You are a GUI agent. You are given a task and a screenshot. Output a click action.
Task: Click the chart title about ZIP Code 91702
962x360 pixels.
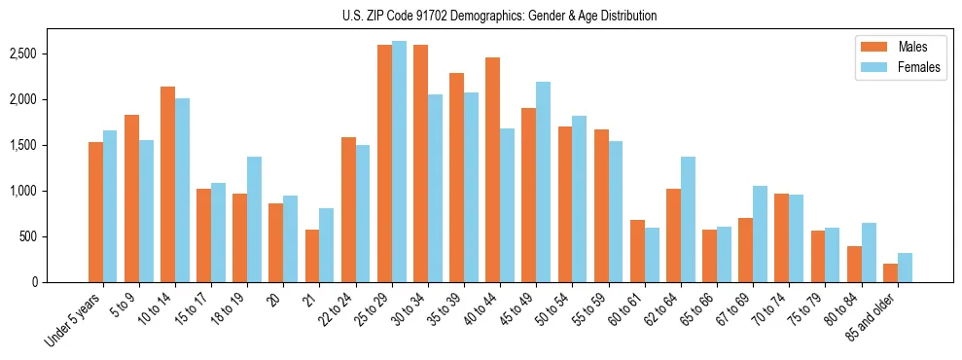click(x=499, y=16)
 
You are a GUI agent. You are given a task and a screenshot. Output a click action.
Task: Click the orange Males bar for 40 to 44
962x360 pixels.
click(x=492, y=169)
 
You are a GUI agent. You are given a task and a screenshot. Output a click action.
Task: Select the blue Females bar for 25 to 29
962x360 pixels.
click(x=399, y=162)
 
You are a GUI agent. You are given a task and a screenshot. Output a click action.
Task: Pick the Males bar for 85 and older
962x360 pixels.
click(x=889, y=272)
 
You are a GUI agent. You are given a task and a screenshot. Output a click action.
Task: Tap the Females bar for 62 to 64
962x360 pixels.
click(x=688, y=219)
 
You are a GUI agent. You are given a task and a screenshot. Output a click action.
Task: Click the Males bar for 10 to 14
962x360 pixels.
click(x=167, y=184)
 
